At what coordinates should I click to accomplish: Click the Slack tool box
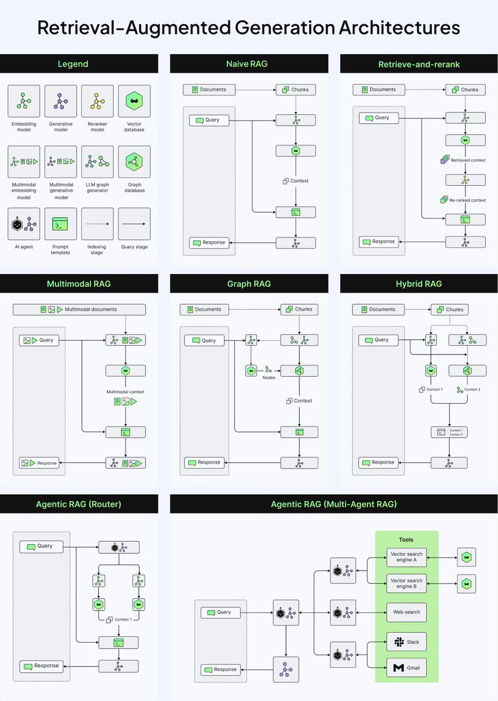(406, 642)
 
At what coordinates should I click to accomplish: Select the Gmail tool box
(406, 668)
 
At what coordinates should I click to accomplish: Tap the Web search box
(406, 612)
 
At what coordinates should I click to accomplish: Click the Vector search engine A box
(406, 557)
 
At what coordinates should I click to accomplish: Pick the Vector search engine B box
(406, 584)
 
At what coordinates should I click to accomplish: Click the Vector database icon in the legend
(134, 101)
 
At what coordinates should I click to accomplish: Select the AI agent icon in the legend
(24, 224)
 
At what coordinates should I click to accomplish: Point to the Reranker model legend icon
(97, 101)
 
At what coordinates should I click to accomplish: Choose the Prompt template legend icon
(60, 224)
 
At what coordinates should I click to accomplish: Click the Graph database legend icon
(134, 162)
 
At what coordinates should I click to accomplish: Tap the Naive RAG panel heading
(247, 64)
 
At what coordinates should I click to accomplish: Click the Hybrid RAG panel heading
(418, 284)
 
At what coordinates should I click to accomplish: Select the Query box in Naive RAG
(209, 120)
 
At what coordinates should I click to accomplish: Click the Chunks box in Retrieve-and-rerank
(465, 89)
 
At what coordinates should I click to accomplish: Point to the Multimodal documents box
(79, 309)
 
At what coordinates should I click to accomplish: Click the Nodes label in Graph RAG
(269, 377)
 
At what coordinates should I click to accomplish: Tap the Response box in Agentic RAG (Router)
(43, 665)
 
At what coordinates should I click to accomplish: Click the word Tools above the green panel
(406, 540)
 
